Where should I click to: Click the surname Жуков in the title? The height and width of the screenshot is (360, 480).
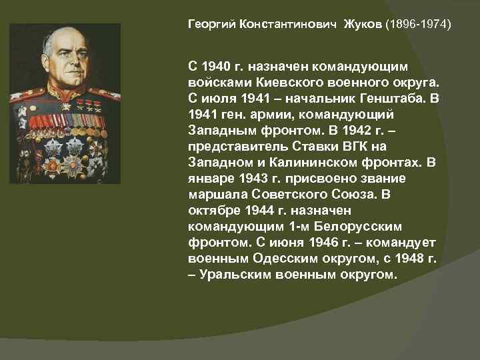coord(363,25)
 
